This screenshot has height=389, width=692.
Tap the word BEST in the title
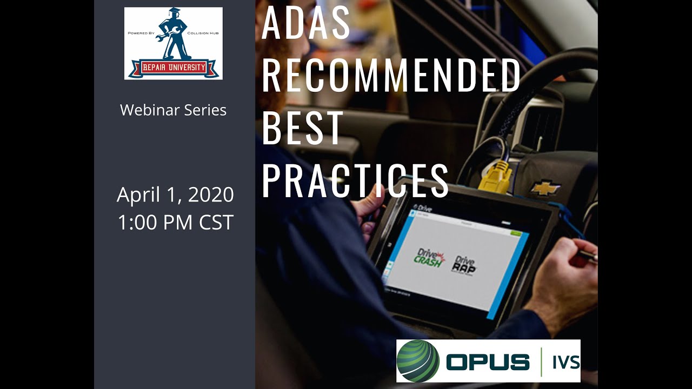pos(303,128)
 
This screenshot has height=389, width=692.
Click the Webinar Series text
pos(173,110)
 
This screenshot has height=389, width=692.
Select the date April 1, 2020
pos(175,195)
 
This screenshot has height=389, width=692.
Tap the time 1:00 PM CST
pos(175,222)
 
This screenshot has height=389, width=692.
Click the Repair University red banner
pos(173,68)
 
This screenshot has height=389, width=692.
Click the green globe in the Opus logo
pos(417,361)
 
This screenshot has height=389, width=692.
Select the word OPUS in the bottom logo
pos(488,361)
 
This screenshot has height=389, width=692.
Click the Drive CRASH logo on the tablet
pos(430,257)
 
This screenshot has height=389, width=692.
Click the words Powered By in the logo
pos(142,33)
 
